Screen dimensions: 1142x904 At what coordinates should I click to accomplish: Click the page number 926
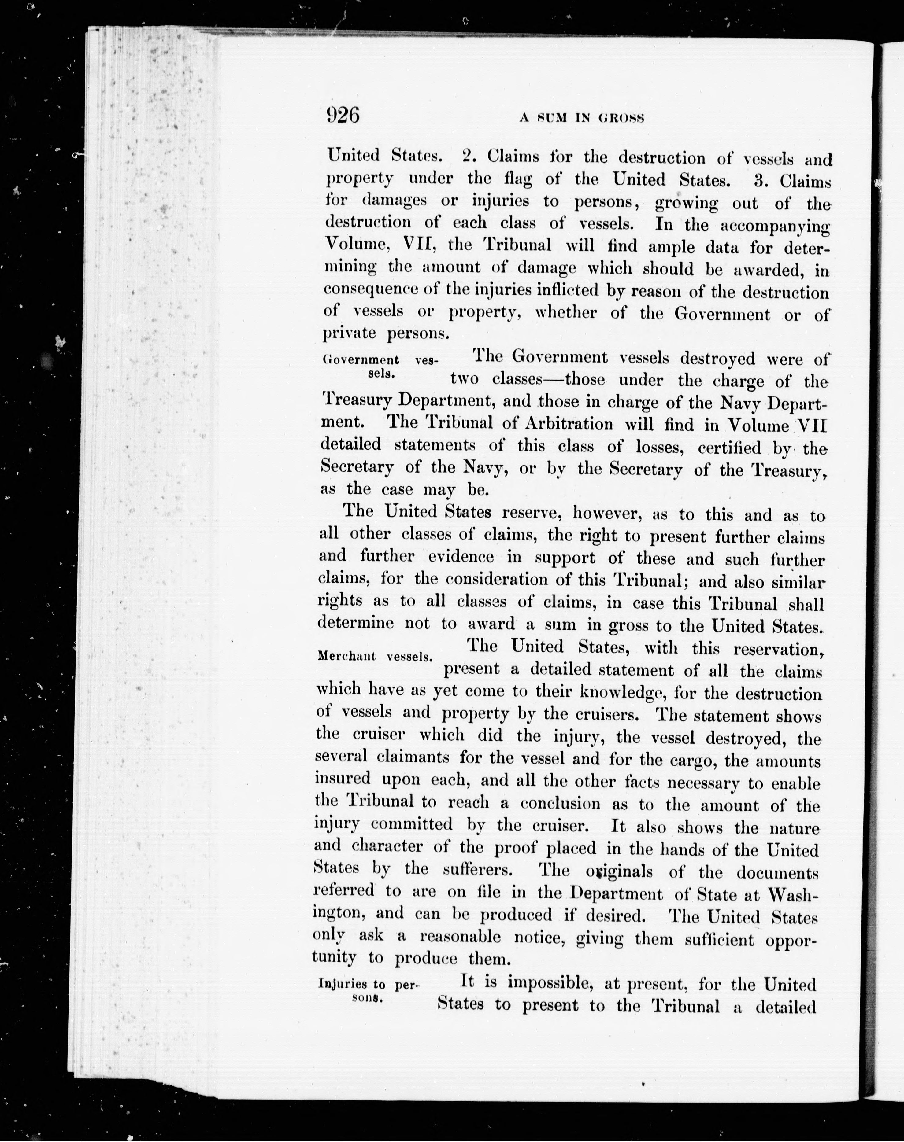coord(343,115)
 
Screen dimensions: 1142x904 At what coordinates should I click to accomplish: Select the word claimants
coord(413,757)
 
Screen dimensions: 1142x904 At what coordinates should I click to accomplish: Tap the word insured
coord(343,779)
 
